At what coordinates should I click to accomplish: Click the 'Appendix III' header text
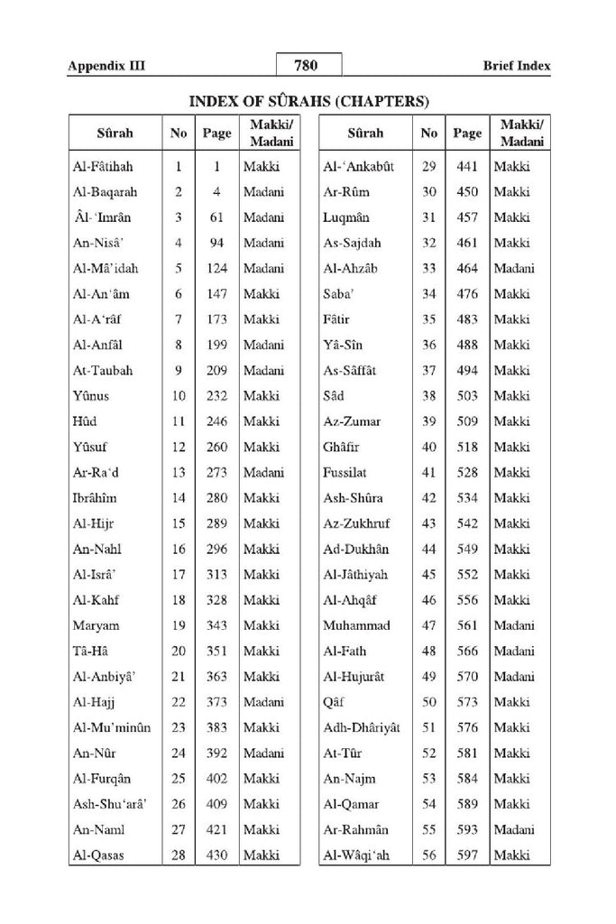(106, 66)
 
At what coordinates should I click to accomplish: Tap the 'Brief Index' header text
(515, 66)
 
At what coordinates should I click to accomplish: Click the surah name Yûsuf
(92, 447)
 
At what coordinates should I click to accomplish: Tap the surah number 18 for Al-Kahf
(179, 600)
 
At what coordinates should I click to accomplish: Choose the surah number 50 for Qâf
(428, 702)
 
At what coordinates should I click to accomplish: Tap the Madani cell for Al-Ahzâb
(514, 268)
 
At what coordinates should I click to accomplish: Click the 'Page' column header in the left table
(216, 134)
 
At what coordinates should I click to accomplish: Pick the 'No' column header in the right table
(428, 134)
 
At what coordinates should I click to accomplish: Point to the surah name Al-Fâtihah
(104, 166)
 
